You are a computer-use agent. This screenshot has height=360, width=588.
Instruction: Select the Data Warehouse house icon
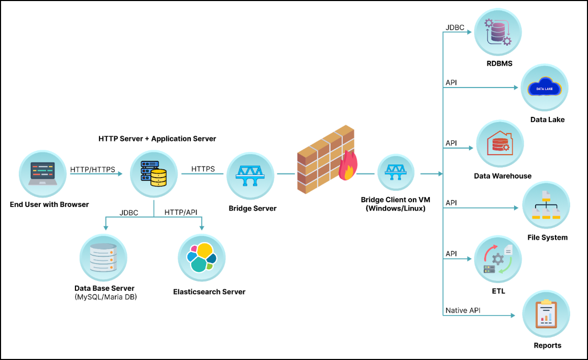(x=500, y=144)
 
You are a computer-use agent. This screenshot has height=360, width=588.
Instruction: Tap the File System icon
(x=546, y=205)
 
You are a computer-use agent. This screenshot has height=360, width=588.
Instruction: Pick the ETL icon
(x=497, y=259)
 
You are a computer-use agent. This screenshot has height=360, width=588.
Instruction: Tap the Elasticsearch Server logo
(x=201, y=257)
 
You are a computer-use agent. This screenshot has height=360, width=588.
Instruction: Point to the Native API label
(x=463, y=310)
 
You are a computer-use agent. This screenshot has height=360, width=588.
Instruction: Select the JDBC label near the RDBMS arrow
(x=455, y=27)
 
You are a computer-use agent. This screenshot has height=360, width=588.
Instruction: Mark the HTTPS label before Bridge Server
(x=203, y=169)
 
